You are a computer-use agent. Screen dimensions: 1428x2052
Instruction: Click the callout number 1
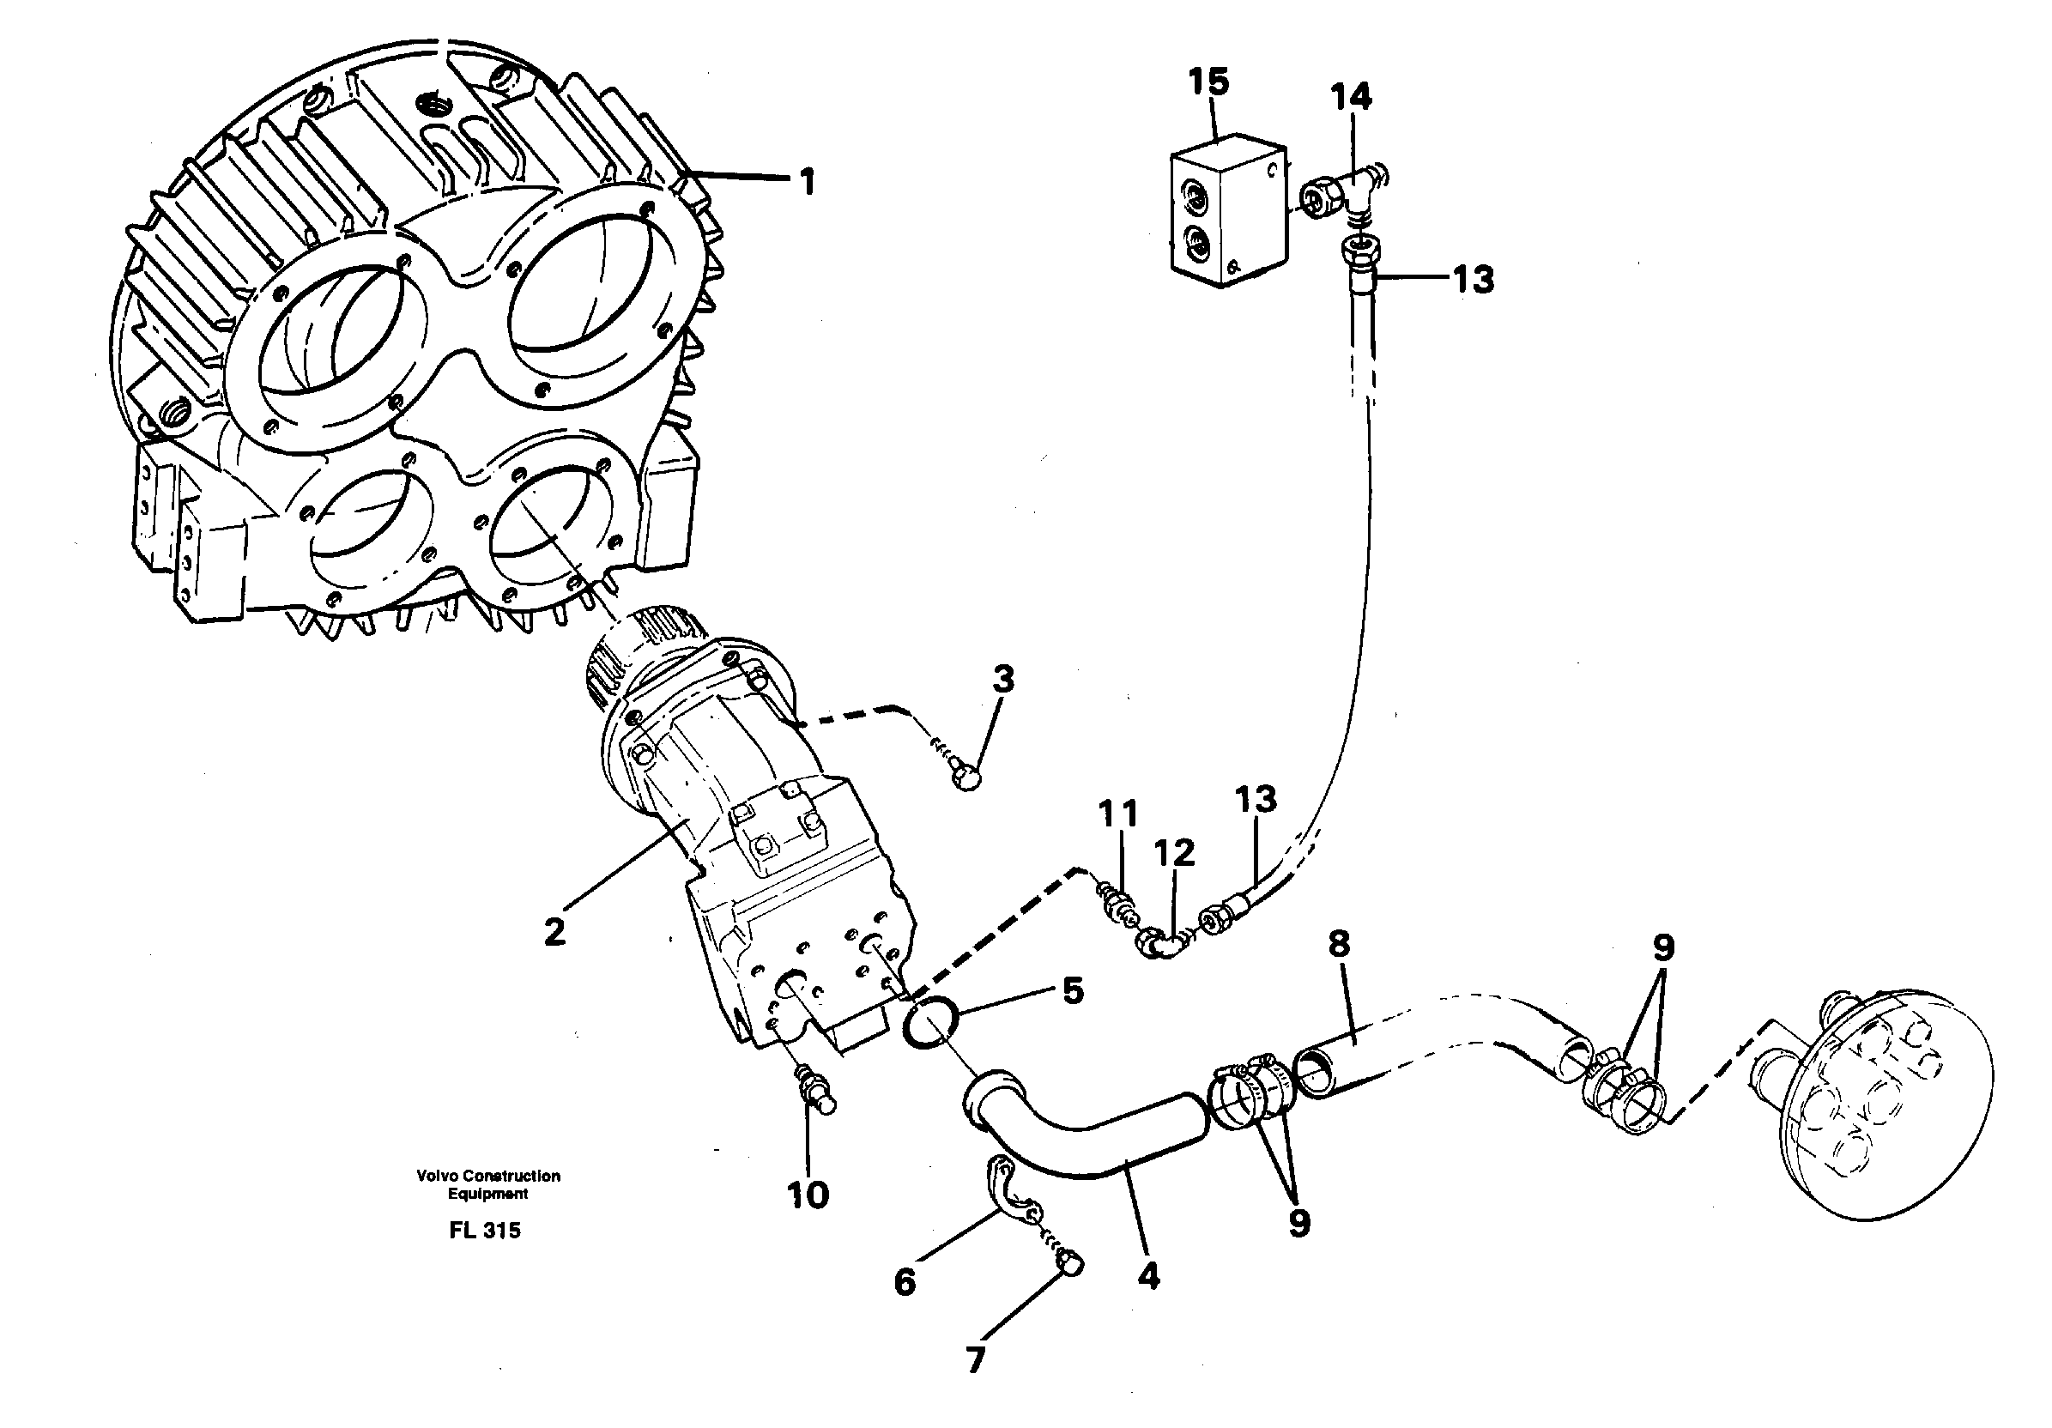pos(807,182)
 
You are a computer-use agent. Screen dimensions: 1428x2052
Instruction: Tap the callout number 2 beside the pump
pos(554,932)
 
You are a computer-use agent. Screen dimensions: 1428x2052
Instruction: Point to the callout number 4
pos(1148,1276)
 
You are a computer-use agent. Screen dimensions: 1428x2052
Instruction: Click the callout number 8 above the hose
pos(1339,943)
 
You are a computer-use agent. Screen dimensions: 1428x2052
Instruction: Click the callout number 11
pos(1118,814)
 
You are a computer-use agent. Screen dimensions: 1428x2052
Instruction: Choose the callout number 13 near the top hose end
pos(1473,280)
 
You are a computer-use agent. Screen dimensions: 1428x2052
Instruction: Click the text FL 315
pos(485,1231)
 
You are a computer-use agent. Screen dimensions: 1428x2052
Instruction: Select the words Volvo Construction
pos(488,1176)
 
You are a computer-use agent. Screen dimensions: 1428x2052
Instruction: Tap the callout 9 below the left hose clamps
pos(1298,1224)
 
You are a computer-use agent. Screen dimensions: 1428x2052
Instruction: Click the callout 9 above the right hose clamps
pos(1662,948)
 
